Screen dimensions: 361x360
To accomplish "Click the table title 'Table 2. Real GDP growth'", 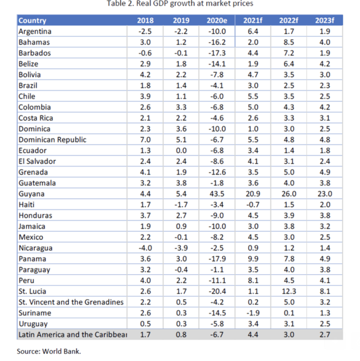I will click(x=180, y=4).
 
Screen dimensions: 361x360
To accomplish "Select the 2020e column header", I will click(x=216, y=20).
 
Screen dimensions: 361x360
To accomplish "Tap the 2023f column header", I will click(x=324, y=20).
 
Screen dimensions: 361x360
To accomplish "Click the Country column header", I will click(x=32, y=20).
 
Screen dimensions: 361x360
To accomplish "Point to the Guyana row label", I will click(x=32, y=194).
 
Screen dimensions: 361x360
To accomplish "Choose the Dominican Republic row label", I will click(x=52, y=140).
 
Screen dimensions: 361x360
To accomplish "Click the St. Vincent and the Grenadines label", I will click(x=71, y=302).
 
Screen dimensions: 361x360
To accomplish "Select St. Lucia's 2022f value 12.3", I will click(x=289, y=291).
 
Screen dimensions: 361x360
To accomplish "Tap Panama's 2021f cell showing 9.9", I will click(x=253, y=259).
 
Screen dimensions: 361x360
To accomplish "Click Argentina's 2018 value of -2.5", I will click(x=145, y=31).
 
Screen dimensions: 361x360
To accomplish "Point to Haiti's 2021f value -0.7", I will click(x=253, y=204).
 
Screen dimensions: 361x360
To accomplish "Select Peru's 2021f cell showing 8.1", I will click(x=253, y=280).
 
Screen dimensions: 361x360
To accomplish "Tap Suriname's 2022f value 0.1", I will click(x=289, y=313).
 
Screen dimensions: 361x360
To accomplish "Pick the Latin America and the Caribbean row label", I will click(x=72, y=335).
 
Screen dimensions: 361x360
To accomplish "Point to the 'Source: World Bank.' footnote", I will click(x=49, y=351).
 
